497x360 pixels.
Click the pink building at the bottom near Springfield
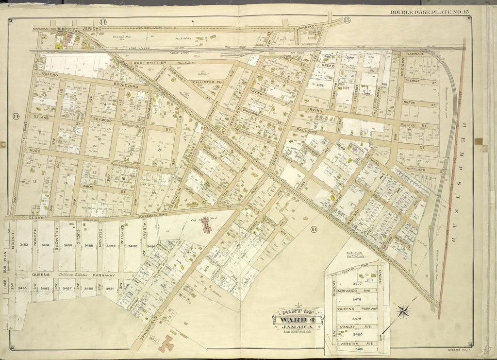tap(166, 343)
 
